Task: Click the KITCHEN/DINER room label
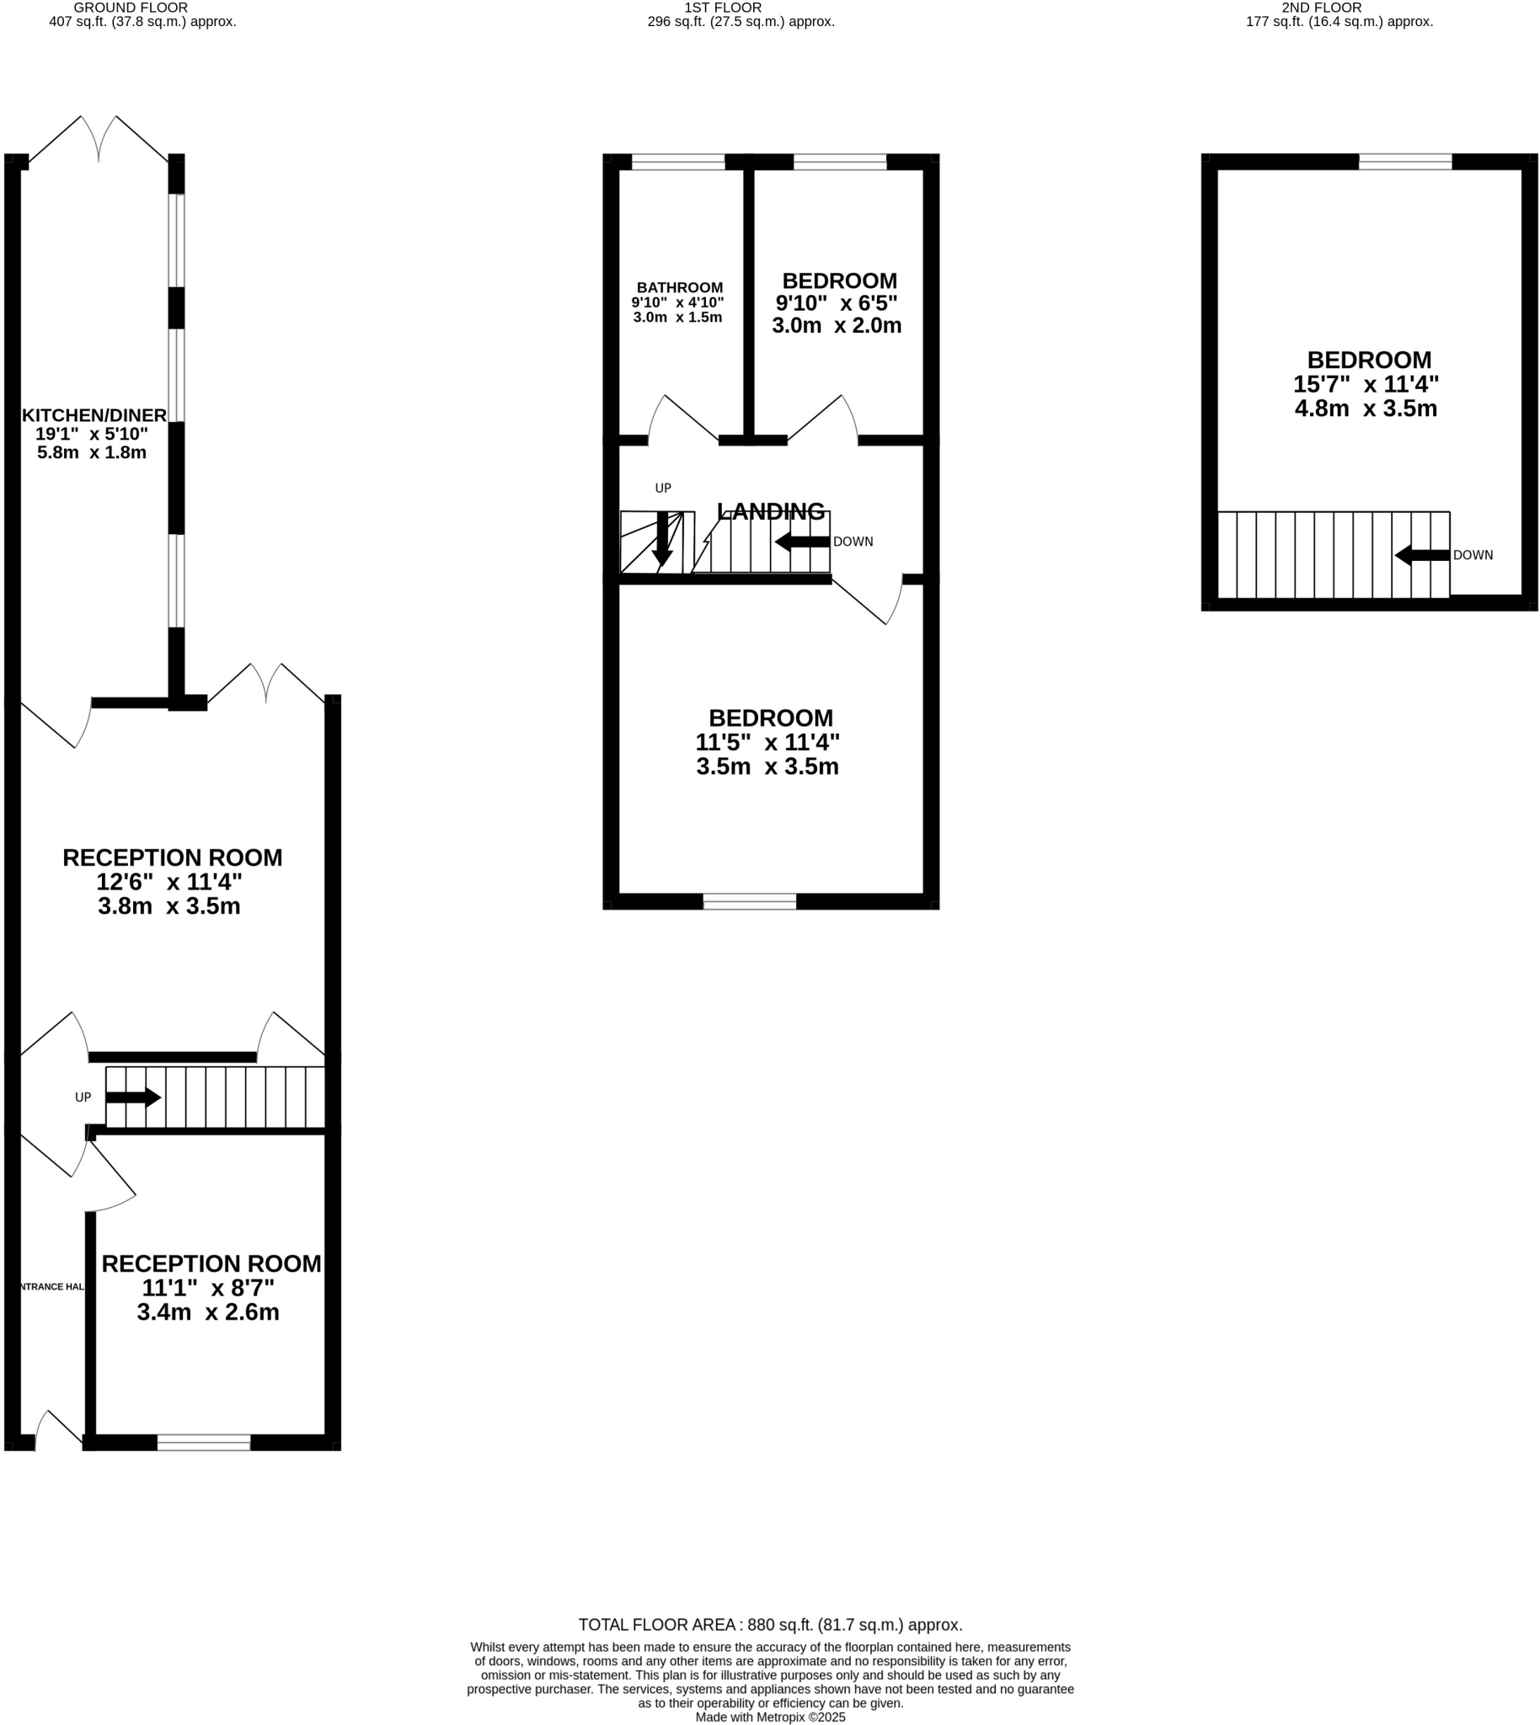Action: coord(94,414)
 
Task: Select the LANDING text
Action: coord(770,511)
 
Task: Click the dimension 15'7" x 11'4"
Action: coord(1365,384)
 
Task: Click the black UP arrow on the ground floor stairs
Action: coord(133,1097)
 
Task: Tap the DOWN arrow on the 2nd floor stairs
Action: coord(1421,555)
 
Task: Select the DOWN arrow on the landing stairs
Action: coord(801,542)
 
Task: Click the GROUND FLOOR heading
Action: coord(131,8)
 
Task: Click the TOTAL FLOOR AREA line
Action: coord(770,1624)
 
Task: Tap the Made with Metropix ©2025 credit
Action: coord(770,1717)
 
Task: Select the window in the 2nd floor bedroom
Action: coord(1404,162)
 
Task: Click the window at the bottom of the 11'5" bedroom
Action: coord(749,902)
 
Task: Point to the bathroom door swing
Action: coord(682,419)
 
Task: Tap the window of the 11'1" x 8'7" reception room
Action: coord(203,1443)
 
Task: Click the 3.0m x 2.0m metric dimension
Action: coord(836,326)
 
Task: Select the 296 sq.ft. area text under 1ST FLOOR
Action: coord(741,22)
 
